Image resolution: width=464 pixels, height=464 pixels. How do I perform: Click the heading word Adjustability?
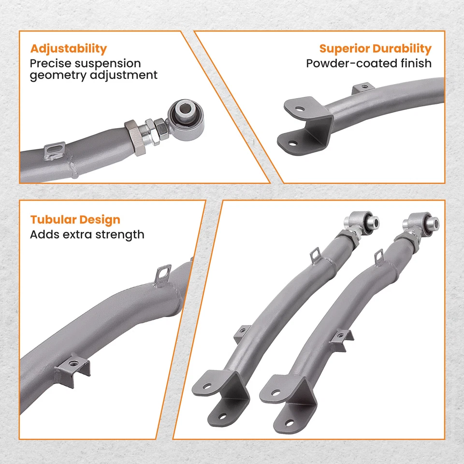68,49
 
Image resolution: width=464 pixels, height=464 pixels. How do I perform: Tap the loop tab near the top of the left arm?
315,253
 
